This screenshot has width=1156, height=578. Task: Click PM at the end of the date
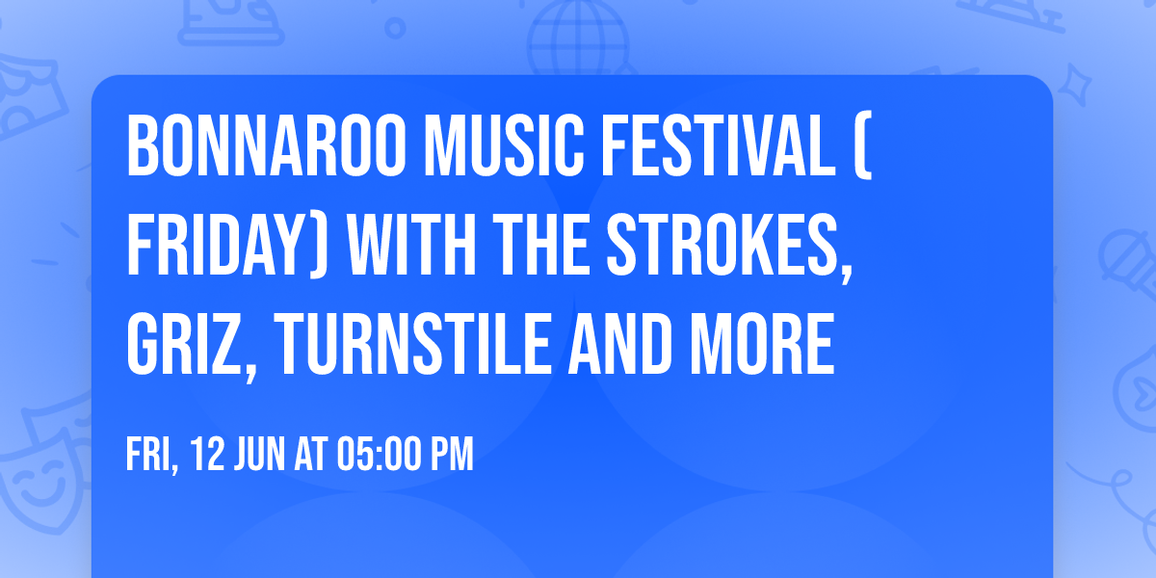tap(452, 455)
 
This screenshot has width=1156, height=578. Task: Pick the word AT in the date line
tap(311, 455)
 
